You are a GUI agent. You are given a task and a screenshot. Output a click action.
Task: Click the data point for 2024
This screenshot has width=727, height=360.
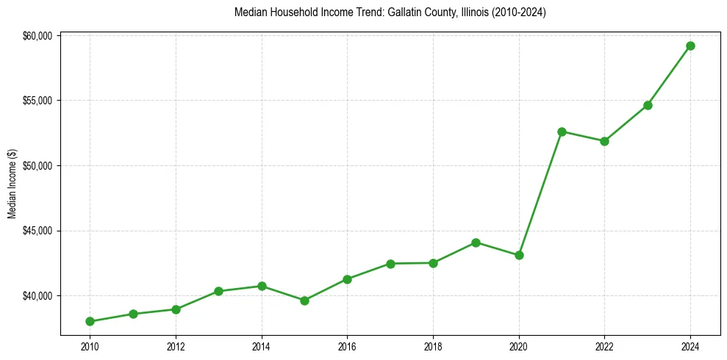pos(690,46)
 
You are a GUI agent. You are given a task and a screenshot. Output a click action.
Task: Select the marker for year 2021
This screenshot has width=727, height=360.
pos(562,132)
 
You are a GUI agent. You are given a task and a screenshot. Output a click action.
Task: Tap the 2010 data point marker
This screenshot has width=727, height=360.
pos(90,321)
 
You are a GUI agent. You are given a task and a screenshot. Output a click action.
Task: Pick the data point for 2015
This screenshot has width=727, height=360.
pos(304,300)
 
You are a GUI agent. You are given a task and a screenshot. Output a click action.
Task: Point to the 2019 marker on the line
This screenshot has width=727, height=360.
pos(476,242)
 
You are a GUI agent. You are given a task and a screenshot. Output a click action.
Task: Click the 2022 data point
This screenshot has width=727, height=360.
pos(604,141)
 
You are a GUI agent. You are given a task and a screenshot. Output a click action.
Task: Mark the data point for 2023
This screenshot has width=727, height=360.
pos(648,105)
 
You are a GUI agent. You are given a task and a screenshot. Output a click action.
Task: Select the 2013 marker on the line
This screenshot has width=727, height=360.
pos(218,291)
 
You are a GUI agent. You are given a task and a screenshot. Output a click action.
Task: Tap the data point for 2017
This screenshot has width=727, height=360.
pos(390,264)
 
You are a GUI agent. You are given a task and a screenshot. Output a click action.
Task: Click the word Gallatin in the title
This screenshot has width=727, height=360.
pos(387,12)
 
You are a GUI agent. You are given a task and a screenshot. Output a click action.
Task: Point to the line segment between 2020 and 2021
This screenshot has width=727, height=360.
pos(540,193)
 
